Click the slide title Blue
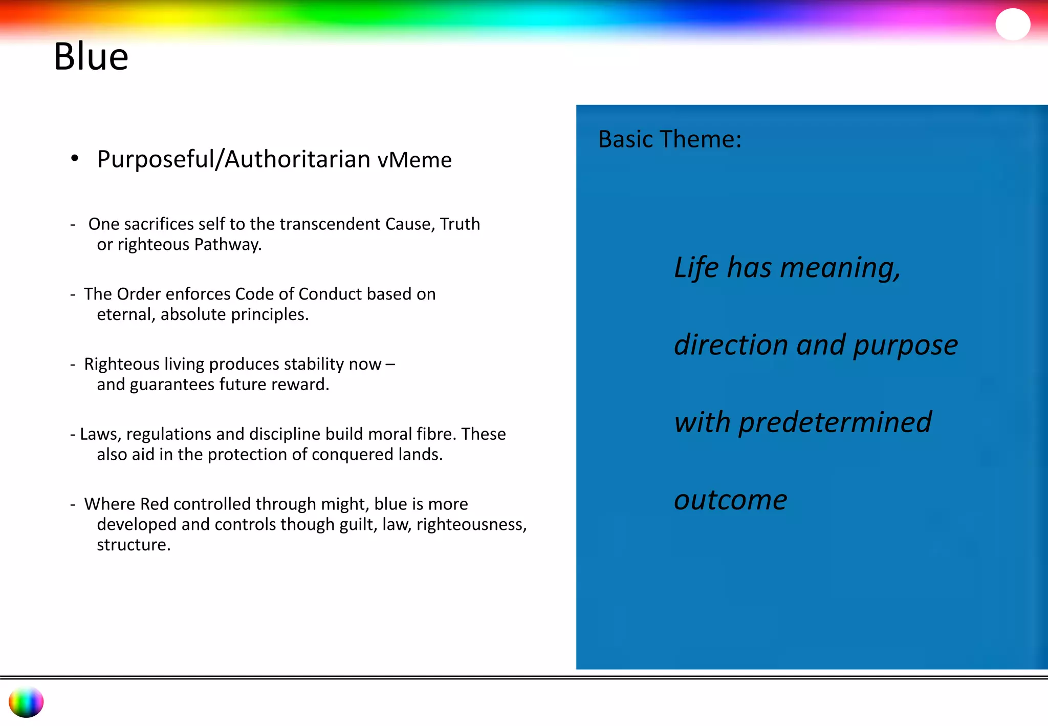coord(91,56)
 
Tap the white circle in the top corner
coord(1012,24)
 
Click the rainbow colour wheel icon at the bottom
coord(26,702)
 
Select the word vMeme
coord(414,160)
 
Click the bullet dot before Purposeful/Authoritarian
coord(75,158)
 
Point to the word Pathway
coord(227,245)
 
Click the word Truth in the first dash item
coord(460,224)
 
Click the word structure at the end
coord(133,545)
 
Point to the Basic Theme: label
coord(669,139)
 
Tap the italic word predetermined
coord(835,422)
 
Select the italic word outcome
coord(730,500)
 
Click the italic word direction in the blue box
coord(731,345)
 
